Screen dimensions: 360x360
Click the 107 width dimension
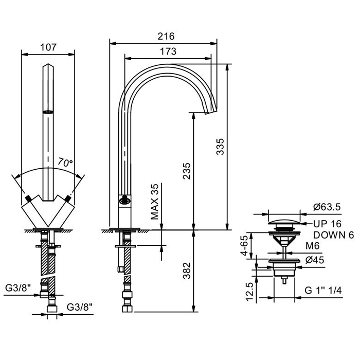[48, 48]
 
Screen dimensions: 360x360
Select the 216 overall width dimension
[166, 37]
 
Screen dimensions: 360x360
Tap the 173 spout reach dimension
[168, 51]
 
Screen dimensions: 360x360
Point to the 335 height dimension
[220, 147]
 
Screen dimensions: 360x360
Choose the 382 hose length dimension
[187, 270]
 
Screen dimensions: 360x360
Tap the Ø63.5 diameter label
[327, 208]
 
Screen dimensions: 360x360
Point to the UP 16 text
[327, 224]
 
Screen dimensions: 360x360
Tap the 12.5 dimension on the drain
[249, 292]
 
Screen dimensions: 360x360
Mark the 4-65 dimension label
[249, 246]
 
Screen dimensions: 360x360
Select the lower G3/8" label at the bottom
[80, 307]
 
